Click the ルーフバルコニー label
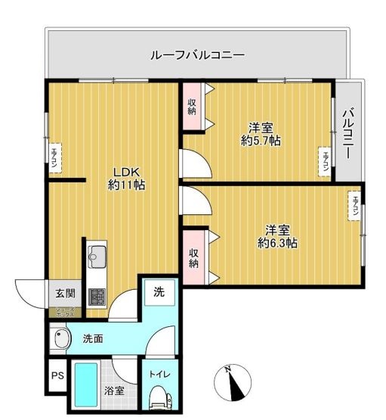(x=197, y=55)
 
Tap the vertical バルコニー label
(x=348, y=133)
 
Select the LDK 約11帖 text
(x=126, y=177)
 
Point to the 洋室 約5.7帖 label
(x=261, y=133)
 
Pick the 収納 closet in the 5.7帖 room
(x=192, y=107)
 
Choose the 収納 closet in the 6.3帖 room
(x=193, y=256)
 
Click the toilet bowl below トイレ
(x=159, y=397)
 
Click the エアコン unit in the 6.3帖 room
(x=354, y=206)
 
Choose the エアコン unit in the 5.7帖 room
(x=323, y=162)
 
